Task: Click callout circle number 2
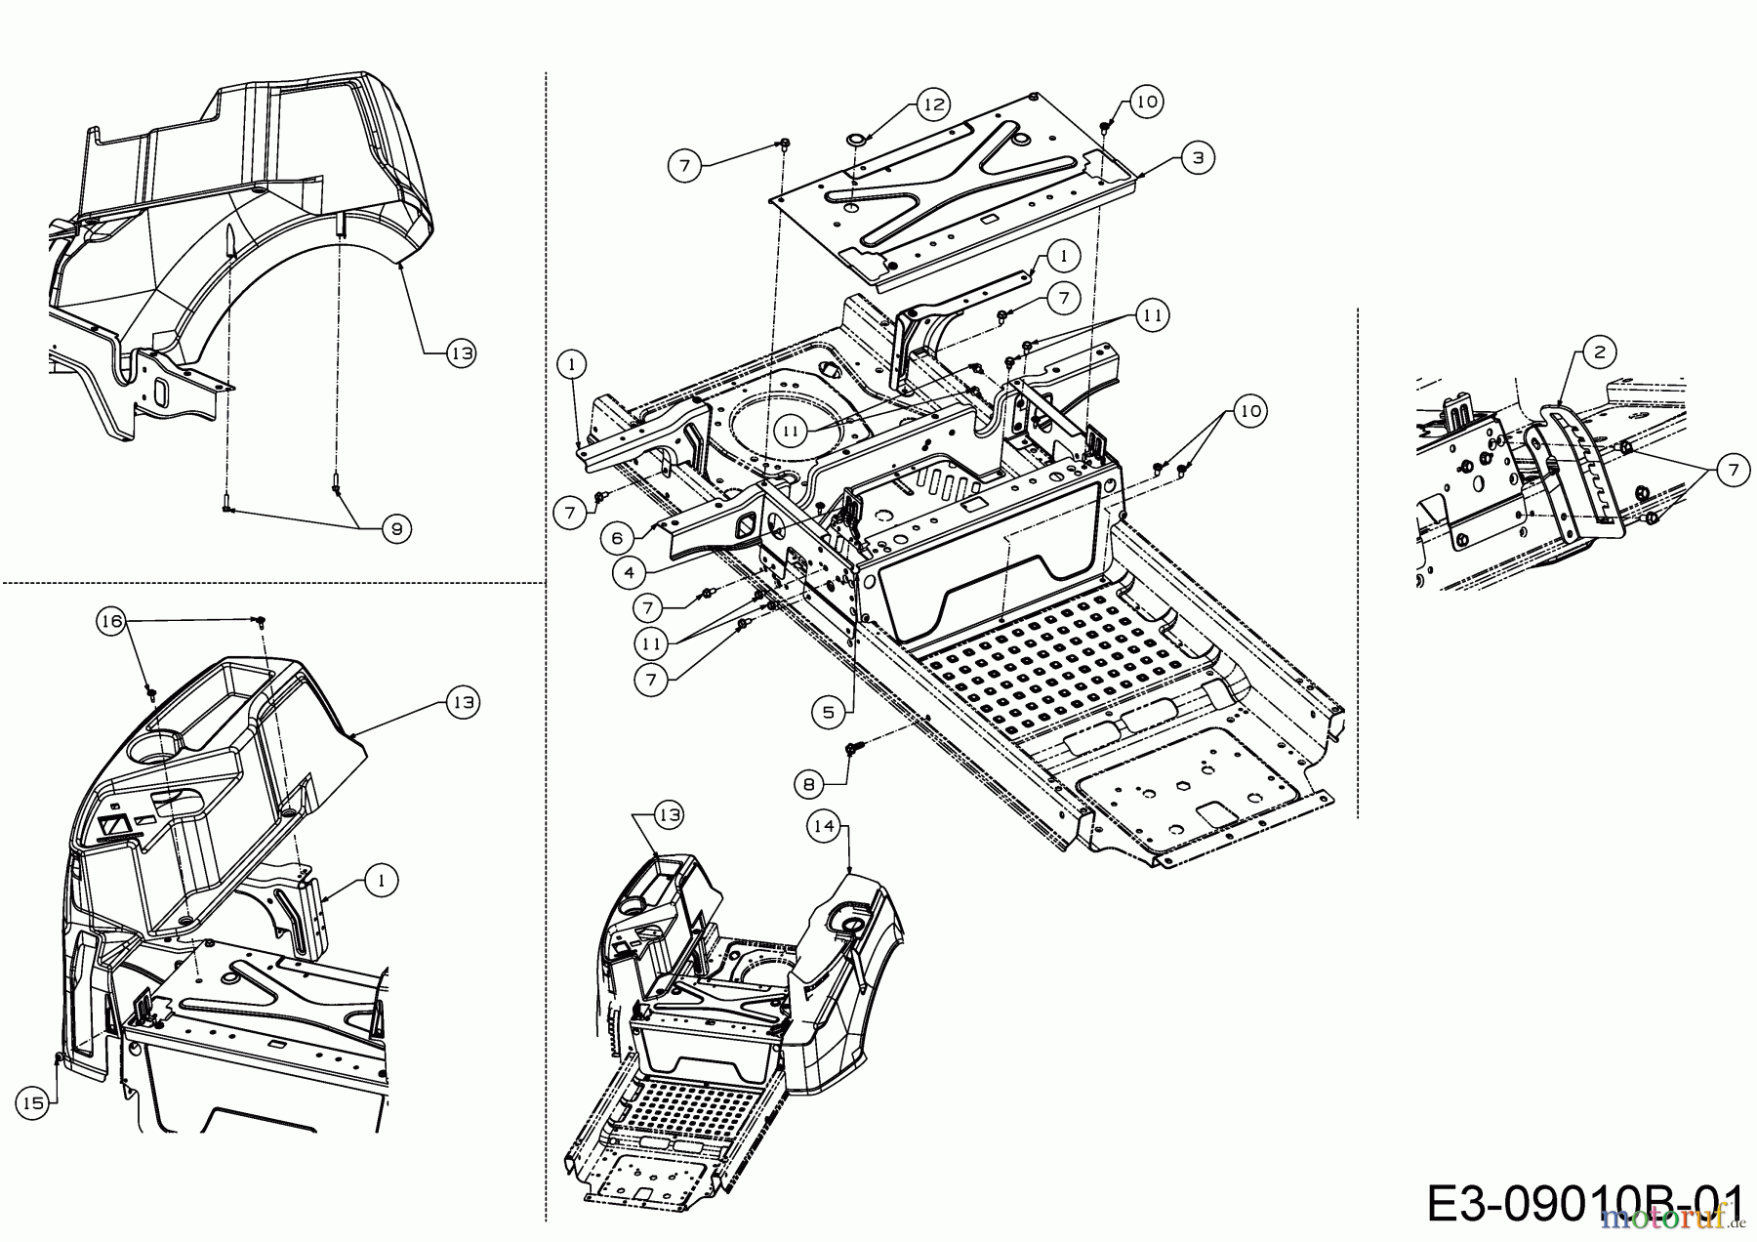click(1598, 352)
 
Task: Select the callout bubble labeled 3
click(1197, 156)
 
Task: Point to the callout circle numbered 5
click(829, 712)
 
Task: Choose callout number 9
click(395, 529)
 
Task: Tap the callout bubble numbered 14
click(824, 826)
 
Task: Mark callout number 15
click(33, 1102)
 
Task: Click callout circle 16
click(111, 620)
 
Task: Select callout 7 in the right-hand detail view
click(1733, 471)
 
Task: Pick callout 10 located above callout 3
click(1147, 101)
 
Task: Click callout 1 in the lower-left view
click(382, 880)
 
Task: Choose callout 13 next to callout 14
click(669, 814)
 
